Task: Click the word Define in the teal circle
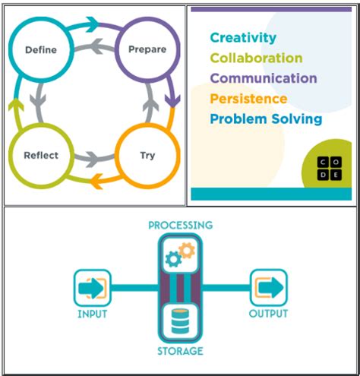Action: click(x=41, y=49)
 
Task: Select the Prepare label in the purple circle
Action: click(x=147, y=49)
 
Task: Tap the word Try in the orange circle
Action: click(x=147, y=156)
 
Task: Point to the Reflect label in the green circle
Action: click(x=41, y=155)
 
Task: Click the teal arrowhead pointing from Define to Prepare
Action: click(x=92, y=24)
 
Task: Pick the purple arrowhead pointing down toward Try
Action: click(x=172, y=101)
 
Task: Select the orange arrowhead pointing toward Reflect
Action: click(x=96, y=182)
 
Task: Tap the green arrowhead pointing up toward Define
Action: click(x=16, y=105)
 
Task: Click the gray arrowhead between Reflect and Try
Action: click(x=93, y=160)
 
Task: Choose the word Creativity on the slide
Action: click(x=243, y=38)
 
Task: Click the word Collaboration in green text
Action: click(x=256, y=58)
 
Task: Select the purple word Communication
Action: click(x=264, y=78)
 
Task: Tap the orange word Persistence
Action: click(x=248, y=99)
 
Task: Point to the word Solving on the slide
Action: click(x=296, y=119)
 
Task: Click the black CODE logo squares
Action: click(x=330, y=169)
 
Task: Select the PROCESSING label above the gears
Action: click(x=181, y=226)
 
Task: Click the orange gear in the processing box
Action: click(x=187, y=251)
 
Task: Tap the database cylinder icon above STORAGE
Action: click(x=180, y=321)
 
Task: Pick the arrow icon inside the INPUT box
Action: click(x=91, y=289)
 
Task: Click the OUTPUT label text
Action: click(x=268, y=314)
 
